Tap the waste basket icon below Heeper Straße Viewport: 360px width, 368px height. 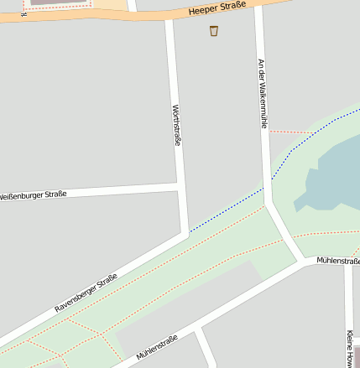pos(214,31)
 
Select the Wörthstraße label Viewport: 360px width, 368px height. pos(176,125)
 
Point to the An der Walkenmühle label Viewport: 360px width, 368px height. pos(262,92)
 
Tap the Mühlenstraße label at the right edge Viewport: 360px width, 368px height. pos(338,262)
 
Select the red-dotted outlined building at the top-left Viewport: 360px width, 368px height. pos(59,3)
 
